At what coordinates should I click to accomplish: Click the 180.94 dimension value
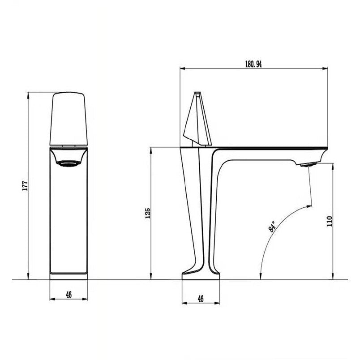pyautogui.click(x=253, y=64)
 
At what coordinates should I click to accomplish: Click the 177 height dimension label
pyautogui.click(x=25, y=185)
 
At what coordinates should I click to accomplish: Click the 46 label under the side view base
pyautogui.click(x=201, y=299)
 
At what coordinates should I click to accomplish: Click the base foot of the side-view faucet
pyautogui.click(x=201, y=274)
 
